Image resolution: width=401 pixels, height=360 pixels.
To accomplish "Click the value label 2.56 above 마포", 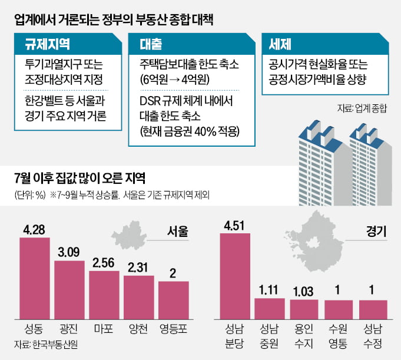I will pos(104,263).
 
